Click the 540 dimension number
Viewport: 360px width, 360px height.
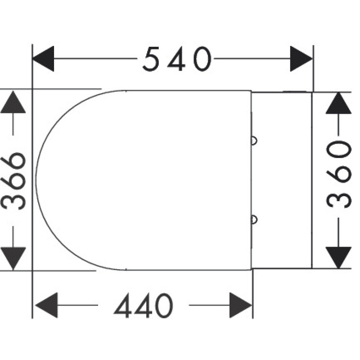click(177, 59)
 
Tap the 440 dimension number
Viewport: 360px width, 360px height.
click(143, 305)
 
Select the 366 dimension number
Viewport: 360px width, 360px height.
click(13, 180)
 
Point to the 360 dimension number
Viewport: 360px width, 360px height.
click(339, 174)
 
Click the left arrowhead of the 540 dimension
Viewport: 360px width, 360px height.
click(44, 59)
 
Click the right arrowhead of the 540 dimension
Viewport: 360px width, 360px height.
click(301, 59)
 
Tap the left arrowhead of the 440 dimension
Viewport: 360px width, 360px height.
click(46, 305)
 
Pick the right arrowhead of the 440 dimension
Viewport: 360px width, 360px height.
click(241, 305)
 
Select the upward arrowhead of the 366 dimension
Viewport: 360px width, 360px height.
click(13, 102)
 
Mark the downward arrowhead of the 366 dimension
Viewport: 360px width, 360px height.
click(13, 258)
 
